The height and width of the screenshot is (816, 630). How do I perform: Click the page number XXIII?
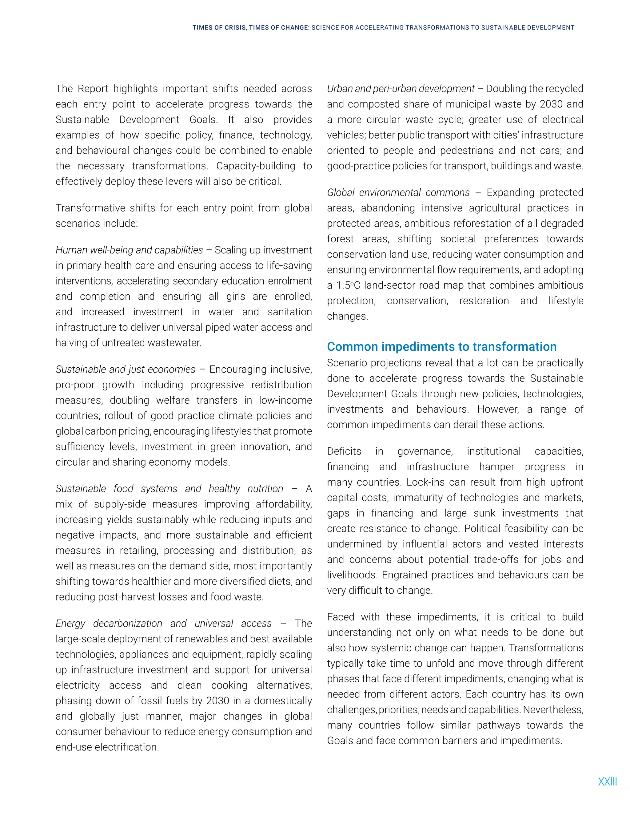click(607, 782)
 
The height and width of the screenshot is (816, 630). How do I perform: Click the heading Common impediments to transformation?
click(441, 347)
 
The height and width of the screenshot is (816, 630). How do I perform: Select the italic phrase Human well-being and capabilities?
click(129, 250)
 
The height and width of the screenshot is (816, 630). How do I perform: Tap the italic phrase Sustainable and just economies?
click(126, 370)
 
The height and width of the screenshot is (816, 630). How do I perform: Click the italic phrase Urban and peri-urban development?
click(401, 89)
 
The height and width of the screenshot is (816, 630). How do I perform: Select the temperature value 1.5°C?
click(349, 285)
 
